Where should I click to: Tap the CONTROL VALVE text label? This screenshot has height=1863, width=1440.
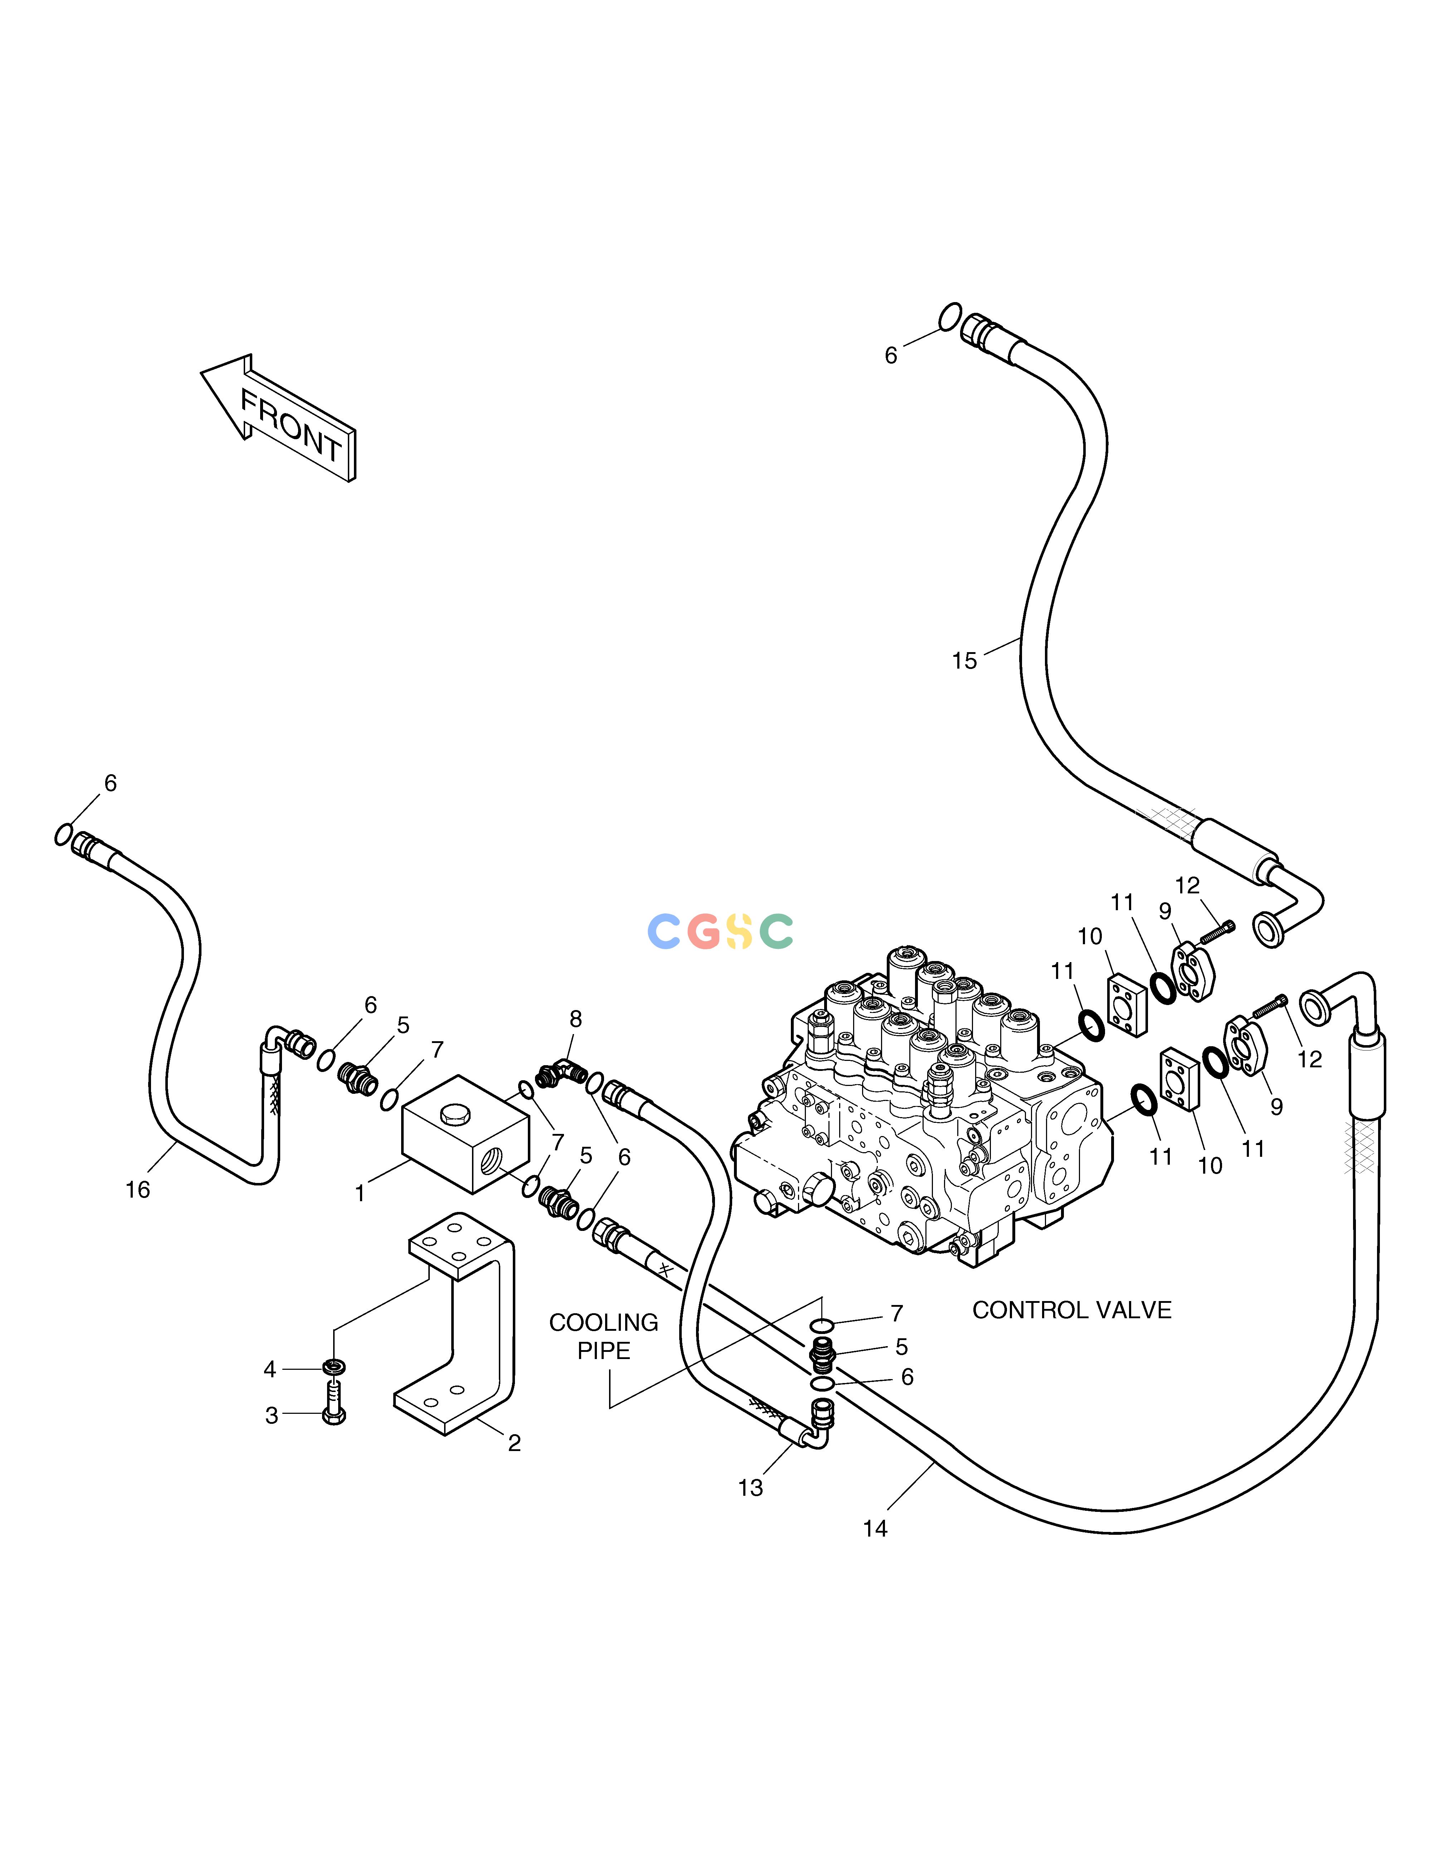[x=1071, y=1309]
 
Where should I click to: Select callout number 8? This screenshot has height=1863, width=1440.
[x=576, y=1019]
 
